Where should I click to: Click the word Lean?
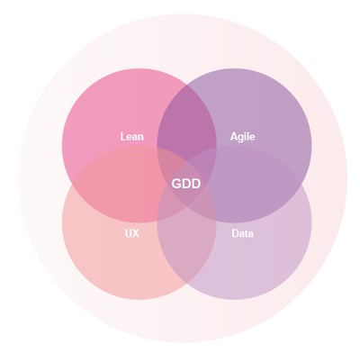pos(132,137)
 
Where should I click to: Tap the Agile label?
pos(243,137)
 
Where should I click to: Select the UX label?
pos(132,233)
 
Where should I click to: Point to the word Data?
pos(242,233)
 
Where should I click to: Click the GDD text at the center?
pos(186,184)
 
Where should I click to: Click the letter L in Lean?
pos(122,137)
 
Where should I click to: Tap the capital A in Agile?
pos(234,137)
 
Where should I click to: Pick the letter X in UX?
pos(136,233)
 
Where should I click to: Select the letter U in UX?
pos(128,233)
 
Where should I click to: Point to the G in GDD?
pos(176,184)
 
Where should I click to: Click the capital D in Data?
pos(235,233)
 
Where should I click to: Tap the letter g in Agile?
pos(241,138)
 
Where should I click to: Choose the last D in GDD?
pos(196,184)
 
